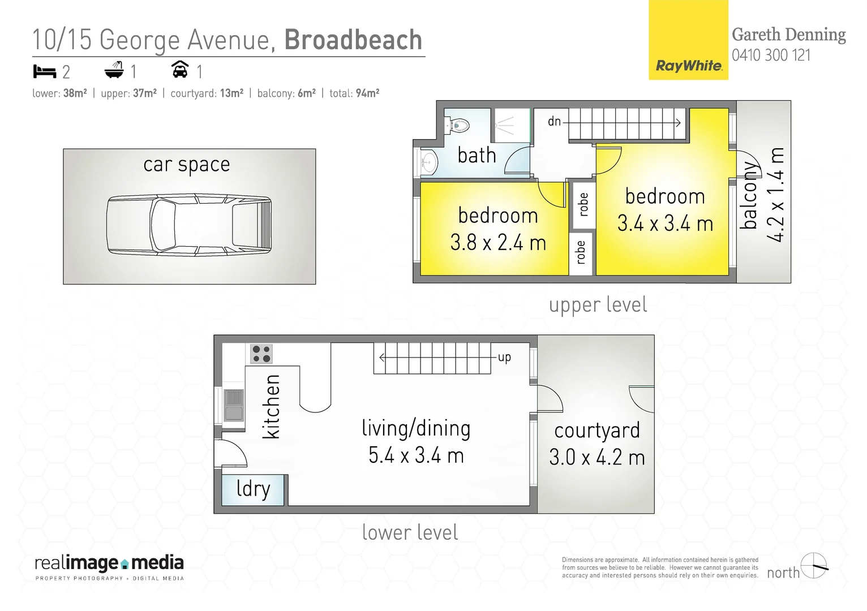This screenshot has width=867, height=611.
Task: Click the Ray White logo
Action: (x=688, y=66)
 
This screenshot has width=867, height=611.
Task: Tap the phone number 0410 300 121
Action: (x=771, y=55)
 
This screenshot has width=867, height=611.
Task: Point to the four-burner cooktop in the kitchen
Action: (x=261, y=354)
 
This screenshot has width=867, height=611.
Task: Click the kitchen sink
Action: (x=233, y=405)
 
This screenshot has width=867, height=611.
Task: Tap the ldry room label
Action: (x=253, y=489)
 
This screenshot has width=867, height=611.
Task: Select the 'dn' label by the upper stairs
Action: (x=554, y=121)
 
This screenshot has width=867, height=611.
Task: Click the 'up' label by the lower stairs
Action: (x=504, y=357)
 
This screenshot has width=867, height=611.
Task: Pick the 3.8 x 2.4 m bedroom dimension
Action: (x=498, y=243)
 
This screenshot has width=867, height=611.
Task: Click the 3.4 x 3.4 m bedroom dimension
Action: (x=665, y=223)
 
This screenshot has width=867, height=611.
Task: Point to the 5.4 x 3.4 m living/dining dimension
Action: (x=416, y=455)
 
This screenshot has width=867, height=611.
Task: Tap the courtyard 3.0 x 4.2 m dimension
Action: (x=596, y=457)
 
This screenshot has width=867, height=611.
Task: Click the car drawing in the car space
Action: (x=189, y=225)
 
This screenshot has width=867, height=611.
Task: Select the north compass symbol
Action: (x=814, y=566)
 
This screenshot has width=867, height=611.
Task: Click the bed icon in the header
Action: (x=45, y=71)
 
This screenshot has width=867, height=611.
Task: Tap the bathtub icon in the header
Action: (x=114, y=71)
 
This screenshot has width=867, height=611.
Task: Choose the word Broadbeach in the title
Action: (x=353, y=40)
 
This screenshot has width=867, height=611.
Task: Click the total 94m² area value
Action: (x=367, y=93)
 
